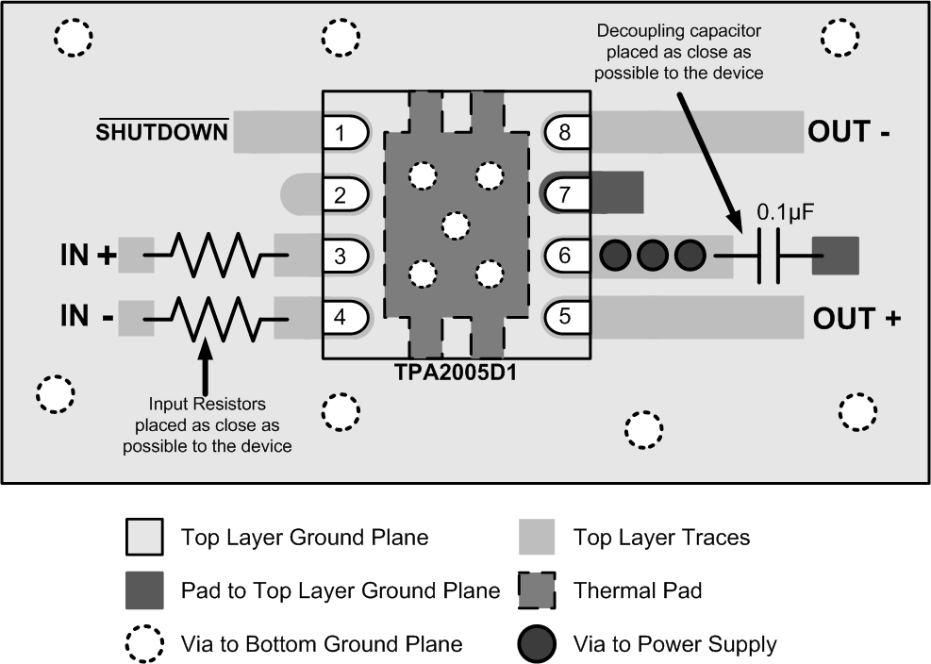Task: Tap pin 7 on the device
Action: click(x=565, y=194)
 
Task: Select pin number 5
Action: click(x=565, y=316)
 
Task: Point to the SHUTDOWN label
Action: click(x=162, y=132)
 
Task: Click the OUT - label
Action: click(x=849, y=132)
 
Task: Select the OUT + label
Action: click(x=856, y=319)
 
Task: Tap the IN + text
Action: click(x=88, y=256)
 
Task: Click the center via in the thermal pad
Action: click(x=455, y=225)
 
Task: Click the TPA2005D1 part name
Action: click(x=457, y=372)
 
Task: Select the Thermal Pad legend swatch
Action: click(x=540, y=591)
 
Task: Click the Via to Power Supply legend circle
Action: click(x=540, y=645)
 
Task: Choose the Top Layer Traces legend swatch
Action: click(x=540, y=538)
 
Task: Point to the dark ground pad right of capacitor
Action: click(x=836, y=256)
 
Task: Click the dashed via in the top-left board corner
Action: click(x=73, y=37)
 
